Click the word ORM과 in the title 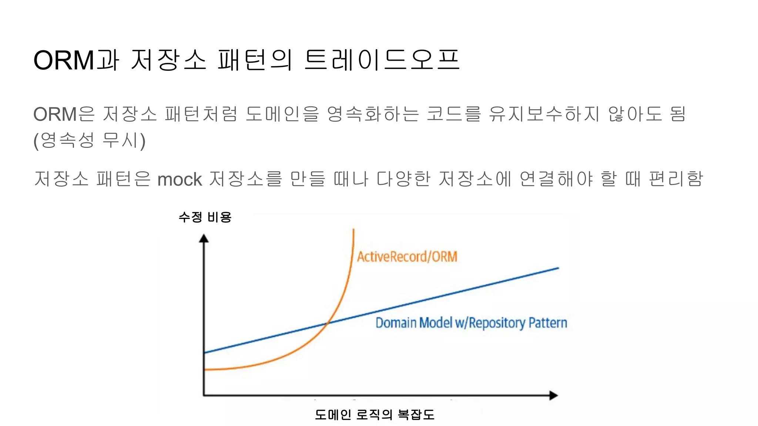click(x=76, y=60)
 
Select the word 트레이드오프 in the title click(x=382, y=60)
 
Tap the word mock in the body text click(x=180, y=179)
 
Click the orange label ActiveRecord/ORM click(x=407, y=257)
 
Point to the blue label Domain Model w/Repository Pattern click(x=471, y=323)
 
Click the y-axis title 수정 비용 click(x=205, y=217)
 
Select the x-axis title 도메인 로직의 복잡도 click(x=375, y=415)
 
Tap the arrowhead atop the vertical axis click(x=204, y=239)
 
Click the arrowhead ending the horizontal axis click(x=553, y=395)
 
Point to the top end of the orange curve click(x=353, y=230)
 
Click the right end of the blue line click(x=558, y=268)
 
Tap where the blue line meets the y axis click(x=205, y=352)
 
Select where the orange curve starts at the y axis click(x=205, y=369)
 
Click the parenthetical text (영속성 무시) click(x=90, y=140)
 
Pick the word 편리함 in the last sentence click(x=676, y=179)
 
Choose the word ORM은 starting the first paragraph click(x=64, y=114)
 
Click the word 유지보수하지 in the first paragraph click(x=543, y=114)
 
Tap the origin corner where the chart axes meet click(x=204, y=395)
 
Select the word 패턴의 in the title click(x=255, y=60)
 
